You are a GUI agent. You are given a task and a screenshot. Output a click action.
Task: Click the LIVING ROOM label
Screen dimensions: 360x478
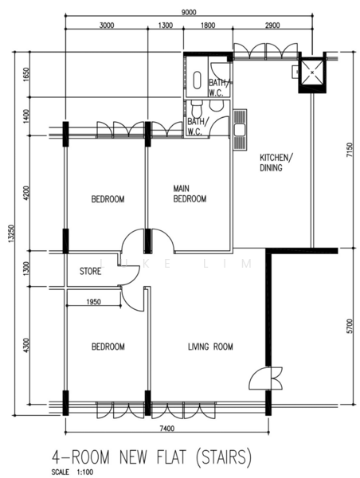click(210, 347)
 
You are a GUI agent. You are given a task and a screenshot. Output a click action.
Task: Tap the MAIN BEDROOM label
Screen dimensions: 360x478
click(190, 194)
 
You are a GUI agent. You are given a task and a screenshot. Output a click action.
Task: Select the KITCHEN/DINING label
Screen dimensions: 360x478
click(276, 163)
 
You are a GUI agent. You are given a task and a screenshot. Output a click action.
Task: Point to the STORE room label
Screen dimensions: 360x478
click(90, 271)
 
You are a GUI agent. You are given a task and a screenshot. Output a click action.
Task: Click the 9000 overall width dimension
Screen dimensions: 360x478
click(189, 12)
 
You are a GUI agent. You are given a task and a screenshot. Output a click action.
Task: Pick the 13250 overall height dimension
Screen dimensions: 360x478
click(11, 233)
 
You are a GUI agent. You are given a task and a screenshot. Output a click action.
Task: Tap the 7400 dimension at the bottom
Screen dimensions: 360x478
click(167, 429)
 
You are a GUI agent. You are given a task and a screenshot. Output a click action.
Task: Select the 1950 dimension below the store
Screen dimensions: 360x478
click(93, 302)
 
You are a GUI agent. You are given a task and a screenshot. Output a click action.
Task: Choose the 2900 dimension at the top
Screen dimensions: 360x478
click(272, 25)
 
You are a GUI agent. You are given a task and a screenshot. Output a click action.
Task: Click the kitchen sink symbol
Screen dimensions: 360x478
click(241, 130)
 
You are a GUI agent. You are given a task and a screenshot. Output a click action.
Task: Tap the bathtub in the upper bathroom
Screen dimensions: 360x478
click(198, 80)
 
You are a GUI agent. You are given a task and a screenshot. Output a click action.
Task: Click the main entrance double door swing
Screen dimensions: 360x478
click(266, 378)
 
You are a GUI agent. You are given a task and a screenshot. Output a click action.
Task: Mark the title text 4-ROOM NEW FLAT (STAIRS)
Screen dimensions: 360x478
click(152, 458)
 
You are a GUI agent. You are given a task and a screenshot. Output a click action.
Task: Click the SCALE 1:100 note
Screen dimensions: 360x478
click(72, 472)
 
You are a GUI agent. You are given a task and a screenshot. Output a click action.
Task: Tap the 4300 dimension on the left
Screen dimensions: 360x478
click(26, 346)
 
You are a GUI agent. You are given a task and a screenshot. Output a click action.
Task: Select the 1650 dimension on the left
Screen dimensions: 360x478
click(26, 74)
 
